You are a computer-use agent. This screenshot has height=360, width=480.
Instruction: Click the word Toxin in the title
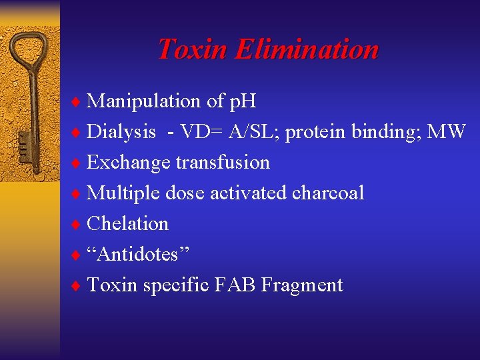[193, 49]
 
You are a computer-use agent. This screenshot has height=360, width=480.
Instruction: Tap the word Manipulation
[144, 101]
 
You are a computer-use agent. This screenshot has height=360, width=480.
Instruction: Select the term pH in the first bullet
[243, 101]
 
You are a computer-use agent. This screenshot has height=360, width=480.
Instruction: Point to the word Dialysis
[121, 131]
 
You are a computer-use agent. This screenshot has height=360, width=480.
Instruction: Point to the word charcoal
[328, 193]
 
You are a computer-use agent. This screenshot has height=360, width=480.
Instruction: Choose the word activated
[249, 193]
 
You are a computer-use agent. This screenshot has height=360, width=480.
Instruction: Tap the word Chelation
[128, 223]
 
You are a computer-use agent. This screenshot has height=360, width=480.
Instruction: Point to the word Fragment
[302, 285]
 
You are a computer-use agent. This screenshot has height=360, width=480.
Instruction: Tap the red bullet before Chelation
[77, 224]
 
